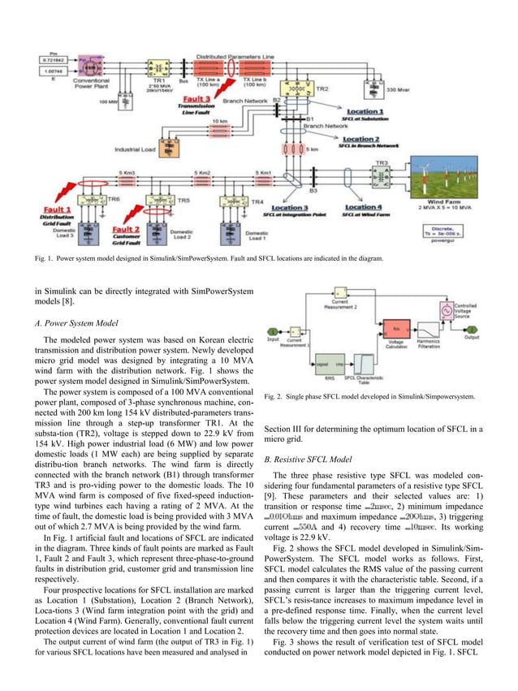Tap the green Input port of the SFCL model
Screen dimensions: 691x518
tap(274, 331)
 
